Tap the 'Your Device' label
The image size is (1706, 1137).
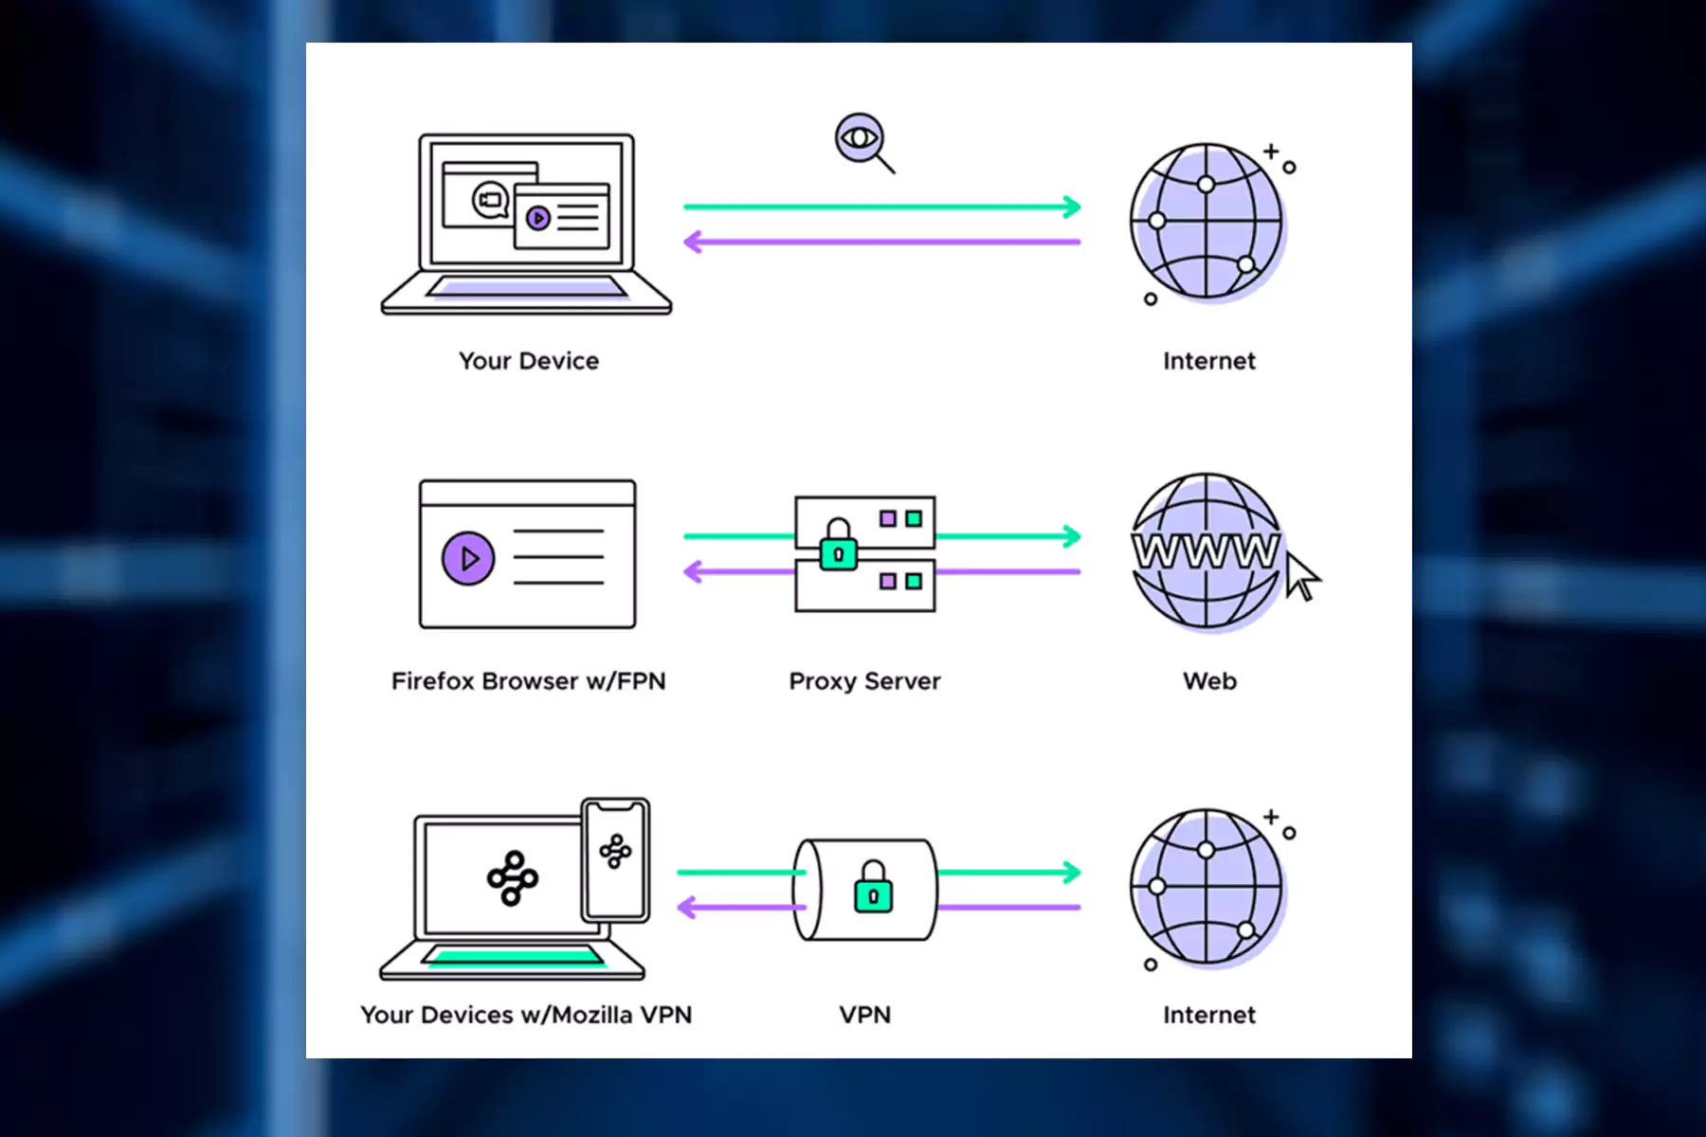click(529, 361)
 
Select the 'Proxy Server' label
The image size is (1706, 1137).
click(864, 681)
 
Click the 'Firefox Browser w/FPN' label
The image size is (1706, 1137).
click(529, 681)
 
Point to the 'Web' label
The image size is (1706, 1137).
click(1209, 681)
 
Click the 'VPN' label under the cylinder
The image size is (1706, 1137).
click(864, 1015)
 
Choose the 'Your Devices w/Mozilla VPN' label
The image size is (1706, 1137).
click(526, 1015)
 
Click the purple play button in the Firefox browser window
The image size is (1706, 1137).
click(468, 559)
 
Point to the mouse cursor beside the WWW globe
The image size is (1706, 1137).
click(1301, 575)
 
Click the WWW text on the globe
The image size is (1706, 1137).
click(1206, 550)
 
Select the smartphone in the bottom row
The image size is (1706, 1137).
click(616, 859)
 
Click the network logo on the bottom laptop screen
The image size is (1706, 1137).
click(513, 878)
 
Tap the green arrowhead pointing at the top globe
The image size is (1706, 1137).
click(1072, 207)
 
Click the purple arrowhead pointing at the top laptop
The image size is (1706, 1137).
click(693, 243)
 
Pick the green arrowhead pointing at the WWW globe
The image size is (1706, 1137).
click(1072, 536)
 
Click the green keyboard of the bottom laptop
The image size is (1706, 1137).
click(515, 956)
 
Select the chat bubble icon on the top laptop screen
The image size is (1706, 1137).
click(490, 200)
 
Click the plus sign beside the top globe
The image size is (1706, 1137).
click(1271, 151)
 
